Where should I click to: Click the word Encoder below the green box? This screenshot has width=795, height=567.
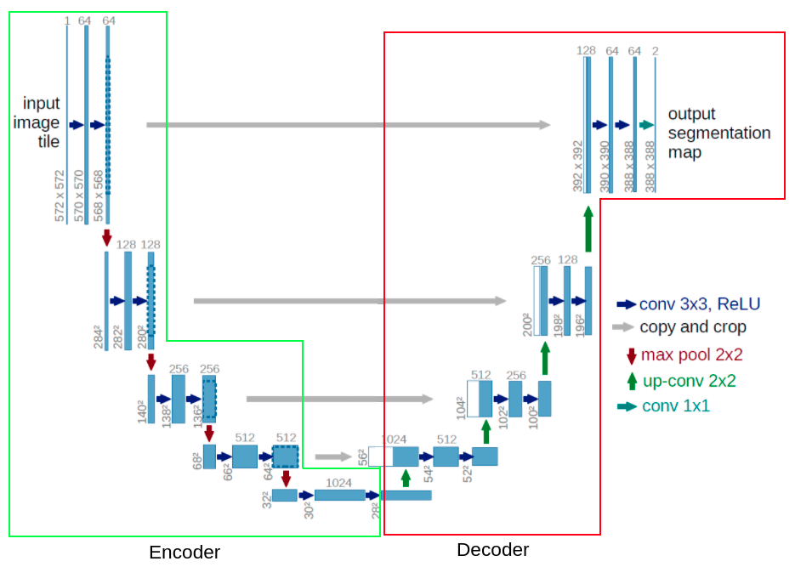point(185,553)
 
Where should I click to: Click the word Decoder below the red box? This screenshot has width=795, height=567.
point(492,550)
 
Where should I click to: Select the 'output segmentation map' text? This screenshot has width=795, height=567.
point(718,133)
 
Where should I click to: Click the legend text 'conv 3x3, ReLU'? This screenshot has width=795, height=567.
point(699,304)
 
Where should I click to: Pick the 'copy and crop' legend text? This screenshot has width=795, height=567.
point(692,327)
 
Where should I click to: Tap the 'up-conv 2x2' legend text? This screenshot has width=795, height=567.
point(689,381)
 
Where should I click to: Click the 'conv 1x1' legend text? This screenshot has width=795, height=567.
point(675,406)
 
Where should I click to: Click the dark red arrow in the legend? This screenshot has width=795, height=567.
point(631,356)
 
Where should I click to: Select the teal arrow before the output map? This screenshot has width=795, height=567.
point(646,125)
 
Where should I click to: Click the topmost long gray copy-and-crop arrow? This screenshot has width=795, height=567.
point(349,125)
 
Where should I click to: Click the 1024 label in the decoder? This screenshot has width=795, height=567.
point(394,439)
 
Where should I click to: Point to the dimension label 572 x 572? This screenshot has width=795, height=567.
point(60,196)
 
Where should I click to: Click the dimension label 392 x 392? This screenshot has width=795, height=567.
point(578,167)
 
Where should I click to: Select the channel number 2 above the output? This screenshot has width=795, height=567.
point(655,51)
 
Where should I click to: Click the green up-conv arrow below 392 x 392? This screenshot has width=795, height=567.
point(588,228)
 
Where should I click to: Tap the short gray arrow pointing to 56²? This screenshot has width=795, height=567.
point(333,457)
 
